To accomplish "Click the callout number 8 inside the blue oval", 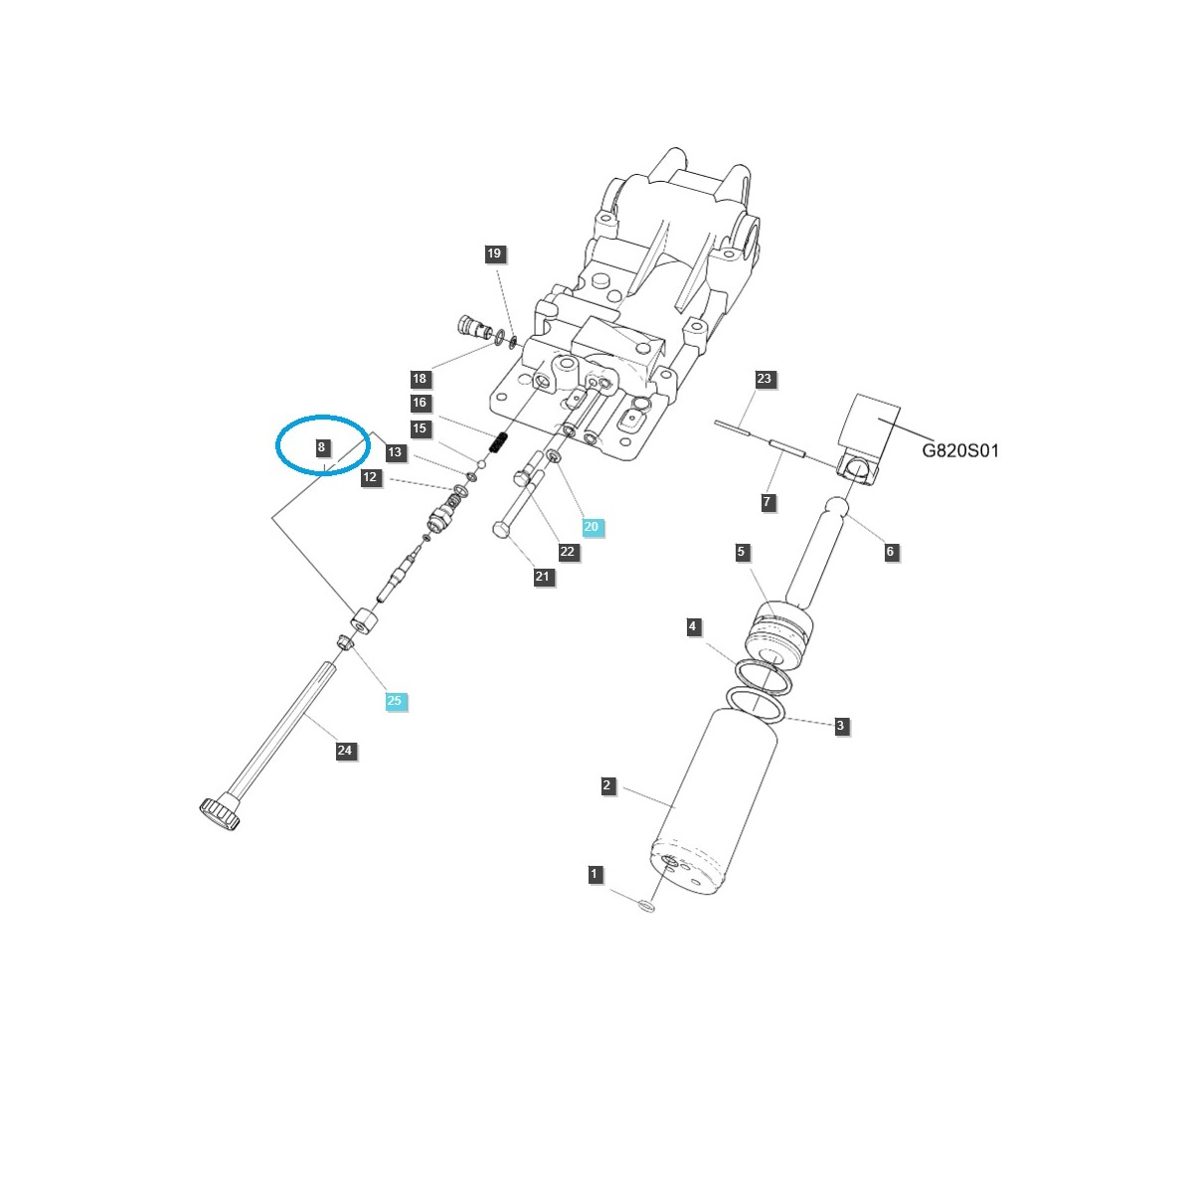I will (x=321, y=447).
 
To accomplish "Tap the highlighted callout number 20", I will (x=592, y=527).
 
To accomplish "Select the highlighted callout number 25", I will (x=395, y=701).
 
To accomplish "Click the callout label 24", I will (x=345, y=751).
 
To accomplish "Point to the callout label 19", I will (x=494, y=254).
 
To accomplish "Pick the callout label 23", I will (x=764, y=379).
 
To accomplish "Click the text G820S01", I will (x=959, y=450).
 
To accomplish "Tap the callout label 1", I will (x=595, y=875).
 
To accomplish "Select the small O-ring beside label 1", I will (x=646, y=906).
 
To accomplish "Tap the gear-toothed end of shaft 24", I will (x=220, y=814).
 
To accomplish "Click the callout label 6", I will (x=890, y=552).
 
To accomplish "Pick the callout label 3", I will (x=840, y=726).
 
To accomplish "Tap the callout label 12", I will (x=370, y=477).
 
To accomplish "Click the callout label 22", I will (x=567, y=552).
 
